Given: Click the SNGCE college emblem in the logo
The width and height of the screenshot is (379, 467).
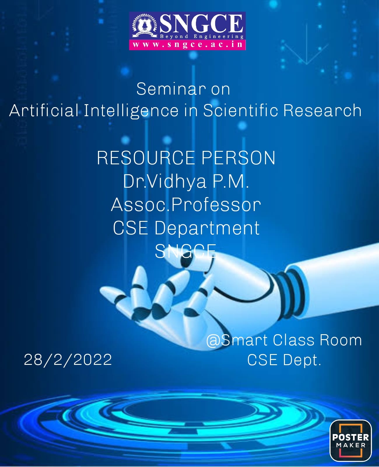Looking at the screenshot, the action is pos(145,26).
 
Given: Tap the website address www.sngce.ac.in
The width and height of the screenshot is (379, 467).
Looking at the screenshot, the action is pos(187,44).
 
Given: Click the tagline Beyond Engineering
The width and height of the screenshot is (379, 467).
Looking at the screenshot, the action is pos(202,36).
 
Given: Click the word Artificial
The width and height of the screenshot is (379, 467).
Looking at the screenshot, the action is pos(44,110).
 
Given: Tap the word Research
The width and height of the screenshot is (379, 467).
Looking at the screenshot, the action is pos(322,110).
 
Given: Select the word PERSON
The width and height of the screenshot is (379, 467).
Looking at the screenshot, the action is pos(238,158).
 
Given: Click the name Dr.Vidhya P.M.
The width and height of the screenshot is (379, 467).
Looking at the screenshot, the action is pos(186,182).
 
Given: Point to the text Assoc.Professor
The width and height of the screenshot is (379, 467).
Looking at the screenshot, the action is pos(186,205).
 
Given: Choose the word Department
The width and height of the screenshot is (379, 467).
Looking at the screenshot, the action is pos(207,229).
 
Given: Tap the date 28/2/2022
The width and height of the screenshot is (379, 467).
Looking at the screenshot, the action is pos(68,360).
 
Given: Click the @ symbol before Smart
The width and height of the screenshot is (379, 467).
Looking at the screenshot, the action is pos(214,341).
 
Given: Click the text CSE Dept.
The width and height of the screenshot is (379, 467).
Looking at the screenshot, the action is pos(284,360).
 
